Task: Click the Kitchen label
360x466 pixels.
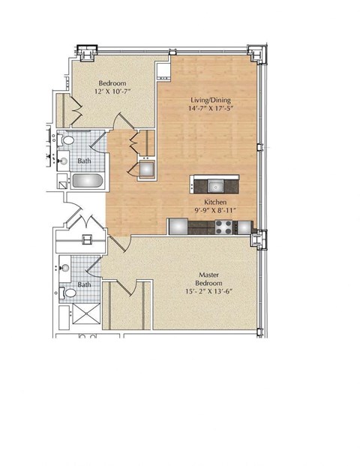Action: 216,202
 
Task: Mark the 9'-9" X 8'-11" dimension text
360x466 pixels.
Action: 216,211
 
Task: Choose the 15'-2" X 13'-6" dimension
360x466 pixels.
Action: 208,292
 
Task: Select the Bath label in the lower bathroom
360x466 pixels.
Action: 85,284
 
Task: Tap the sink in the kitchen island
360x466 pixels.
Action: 214,185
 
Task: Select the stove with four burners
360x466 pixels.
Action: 222,227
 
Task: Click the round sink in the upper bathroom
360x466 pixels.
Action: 64,159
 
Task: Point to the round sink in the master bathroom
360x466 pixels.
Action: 64,266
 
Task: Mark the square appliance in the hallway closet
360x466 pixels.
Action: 144,168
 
